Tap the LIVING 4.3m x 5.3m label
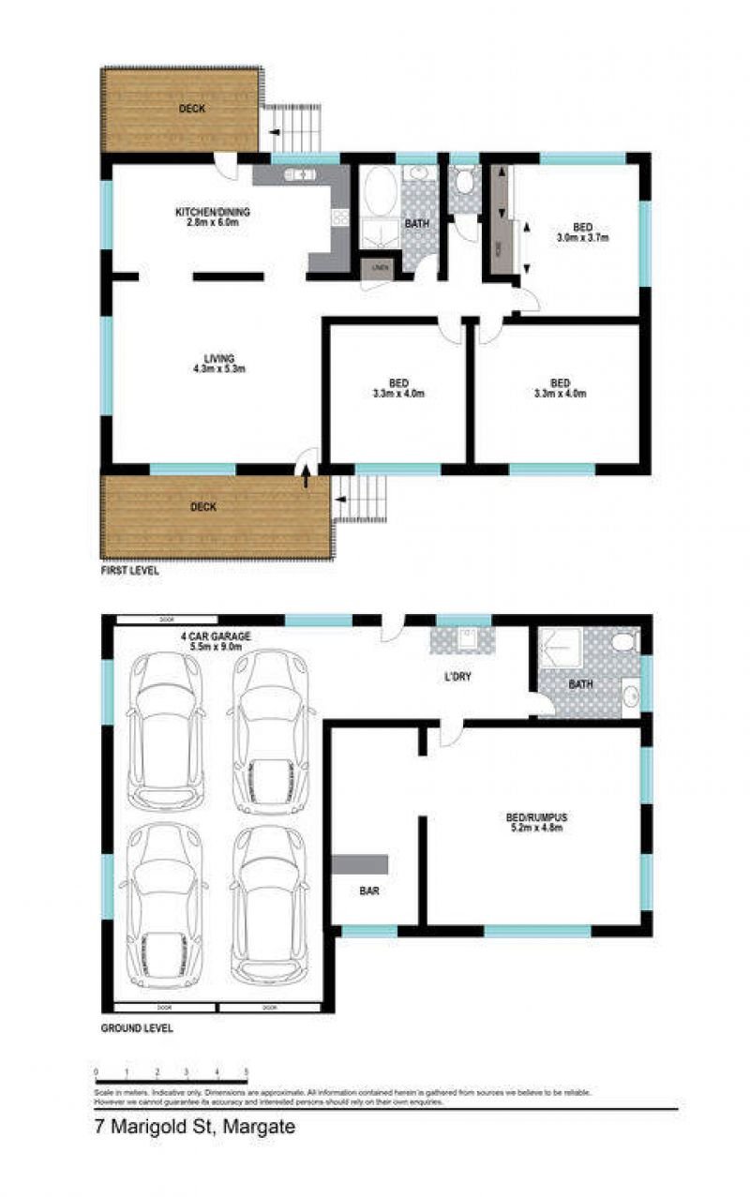(218, 363)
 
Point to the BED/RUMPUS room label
(535, 822)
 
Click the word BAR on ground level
(369, 891)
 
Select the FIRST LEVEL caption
(130, 570)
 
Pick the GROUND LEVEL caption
(137, 1028)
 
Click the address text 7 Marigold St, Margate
(195, 1128)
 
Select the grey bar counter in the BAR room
(360, 864)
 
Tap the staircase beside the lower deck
(362, 499)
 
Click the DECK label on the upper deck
(191, 109)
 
